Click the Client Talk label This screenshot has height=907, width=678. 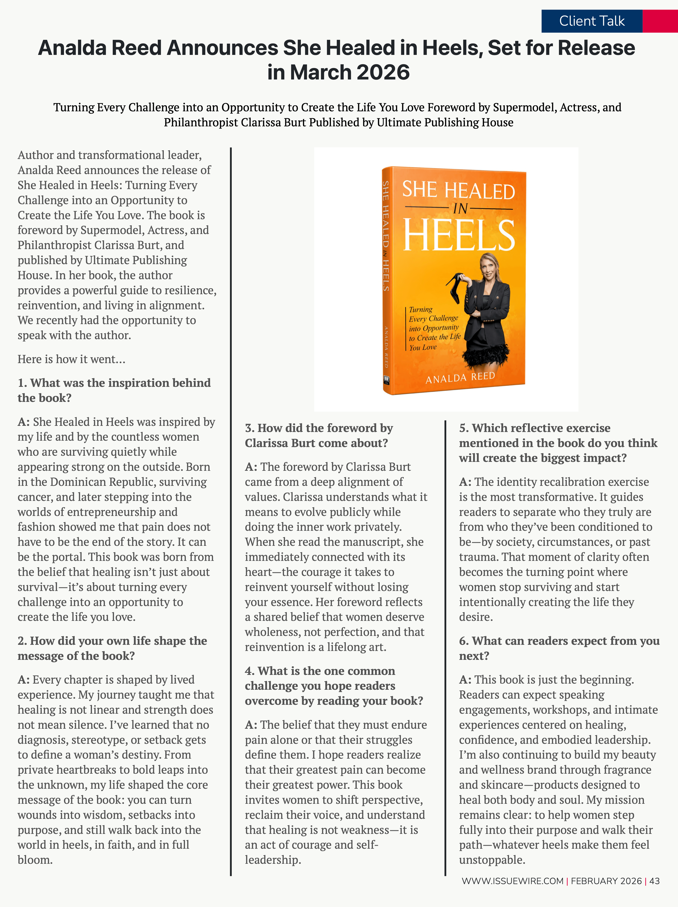tap(592, 21)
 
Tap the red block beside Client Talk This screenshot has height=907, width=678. tap(660, 21)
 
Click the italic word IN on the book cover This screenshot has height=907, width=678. tap(460, 209)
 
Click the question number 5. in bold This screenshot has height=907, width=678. tap(464, 428)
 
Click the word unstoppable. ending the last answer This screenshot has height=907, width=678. tap(492, 860)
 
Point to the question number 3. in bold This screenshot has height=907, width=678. tap(250, 428)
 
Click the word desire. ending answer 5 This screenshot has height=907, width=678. tap(475, 617)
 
